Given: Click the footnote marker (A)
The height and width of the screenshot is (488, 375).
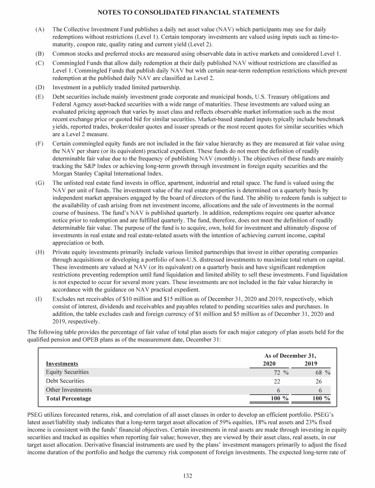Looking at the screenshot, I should (x=40, y=30).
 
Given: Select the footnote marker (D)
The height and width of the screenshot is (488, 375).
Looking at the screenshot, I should (x=40, y=87).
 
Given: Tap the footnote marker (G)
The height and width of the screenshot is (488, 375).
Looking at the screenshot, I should (x=40, y=182).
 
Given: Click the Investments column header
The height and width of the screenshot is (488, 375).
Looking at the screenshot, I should (x=62, y=364).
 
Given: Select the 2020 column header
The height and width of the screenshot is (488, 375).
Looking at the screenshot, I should (x=269, y=364).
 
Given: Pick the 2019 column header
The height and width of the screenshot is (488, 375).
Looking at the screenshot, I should (x=311, y=364).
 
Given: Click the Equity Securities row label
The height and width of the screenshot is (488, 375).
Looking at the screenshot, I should (x=67, y=372).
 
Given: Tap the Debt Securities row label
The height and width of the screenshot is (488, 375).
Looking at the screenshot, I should (x=65, y=381).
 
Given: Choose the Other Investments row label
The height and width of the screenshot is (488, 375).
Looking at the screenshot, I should (x=68, y=390).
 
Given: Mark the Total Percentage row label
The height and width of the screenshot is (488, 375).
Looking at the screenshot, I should (x=68, y=399).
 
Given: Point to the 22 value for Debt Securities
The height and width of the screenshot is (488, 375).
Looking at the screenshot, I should (x=276, y=381).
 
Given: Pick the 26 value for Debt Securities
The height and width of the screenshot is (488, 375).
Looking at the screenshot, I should (x=318, y=381).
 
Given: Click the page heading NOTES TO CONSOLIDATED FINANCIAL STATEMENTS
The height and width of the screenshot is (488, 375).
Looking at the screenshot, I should (x=187, y=12).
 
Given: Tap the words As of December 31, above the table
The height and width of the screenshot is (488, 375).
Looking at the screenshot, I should (x=290, y=356).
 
